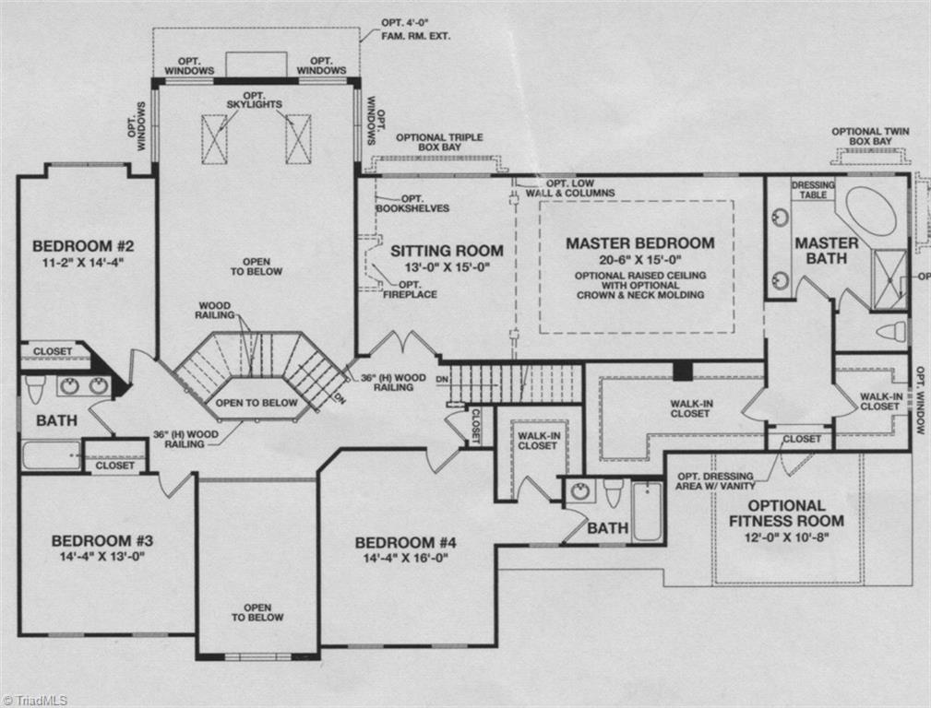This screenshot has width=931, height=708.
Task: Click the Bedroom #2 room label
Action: (84, 246)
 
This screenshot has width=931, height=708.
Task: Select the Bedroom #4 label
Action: (405, 542)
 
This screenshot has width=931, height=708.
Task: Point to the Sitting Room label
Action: (447, 251)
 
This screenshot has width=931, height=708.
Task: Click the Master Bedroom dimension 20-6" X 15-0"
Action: (639, 259)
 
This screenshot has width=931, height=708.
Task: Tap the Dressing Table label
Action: (813, 190)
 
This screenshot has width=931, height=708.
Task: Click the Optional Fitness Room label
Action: (787, 513)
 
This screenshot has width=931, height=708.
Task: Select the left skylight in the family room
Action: (214, 139)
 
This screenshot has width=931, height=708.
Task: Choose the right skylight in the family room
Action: (298, 139)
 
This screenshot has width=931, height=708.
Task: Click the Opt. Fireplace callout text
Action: (410, 289)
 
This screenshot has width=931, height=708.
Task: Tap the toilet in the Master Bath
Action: (892, 331)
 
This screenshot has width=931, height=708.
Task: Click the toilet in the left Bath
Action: (35, 389)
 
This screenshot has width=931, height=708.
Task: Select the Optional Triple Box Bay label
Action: (439, 142)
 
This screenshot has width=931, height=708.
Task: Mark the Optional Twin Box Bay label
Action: (870, 136)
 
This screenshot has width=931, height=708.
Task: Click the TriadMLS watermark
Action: (34, 701)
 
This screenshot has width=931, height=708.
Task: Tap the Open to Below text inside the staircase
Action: (257, 403)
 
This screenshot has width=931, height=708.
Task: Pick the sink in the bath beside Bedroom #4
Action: (579, 490)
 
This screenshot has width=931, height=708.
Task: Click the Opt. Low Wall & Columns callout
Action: (570, 188)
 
